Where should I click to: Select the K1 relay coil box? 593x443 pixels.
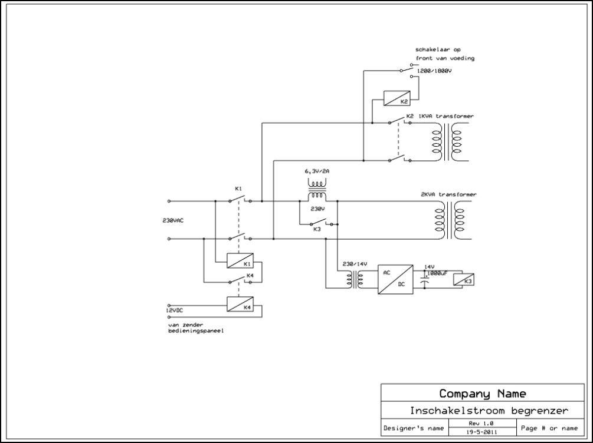[x=240, y=260]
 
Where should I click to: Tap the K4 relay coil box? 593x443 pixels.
[x=240, y=303]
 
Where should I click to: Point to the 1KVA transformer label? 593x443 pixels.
[x=445, y=117]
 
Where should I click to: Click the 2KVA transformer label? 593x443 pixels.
[x=448, y=194]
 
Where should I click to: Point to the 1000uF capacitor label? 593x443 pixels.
[x=437, y=273]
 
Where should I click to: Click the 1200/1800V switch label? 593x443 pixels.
[x=434, y=71]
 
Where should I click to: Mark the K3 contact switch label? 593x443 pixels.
[x=316, y=229]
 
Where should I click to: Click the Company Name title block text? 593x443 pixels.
[x=482, y=394]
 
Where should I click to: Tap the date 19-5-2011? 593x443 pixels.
[x=481, y=431]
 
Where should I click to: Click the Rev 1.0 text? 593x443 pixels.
[x=481, y=423]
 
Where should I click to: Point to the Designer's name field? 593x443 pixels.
[x=413, y=428]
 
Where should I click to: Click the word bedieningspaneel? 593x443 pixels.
[x=196, y=332]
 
